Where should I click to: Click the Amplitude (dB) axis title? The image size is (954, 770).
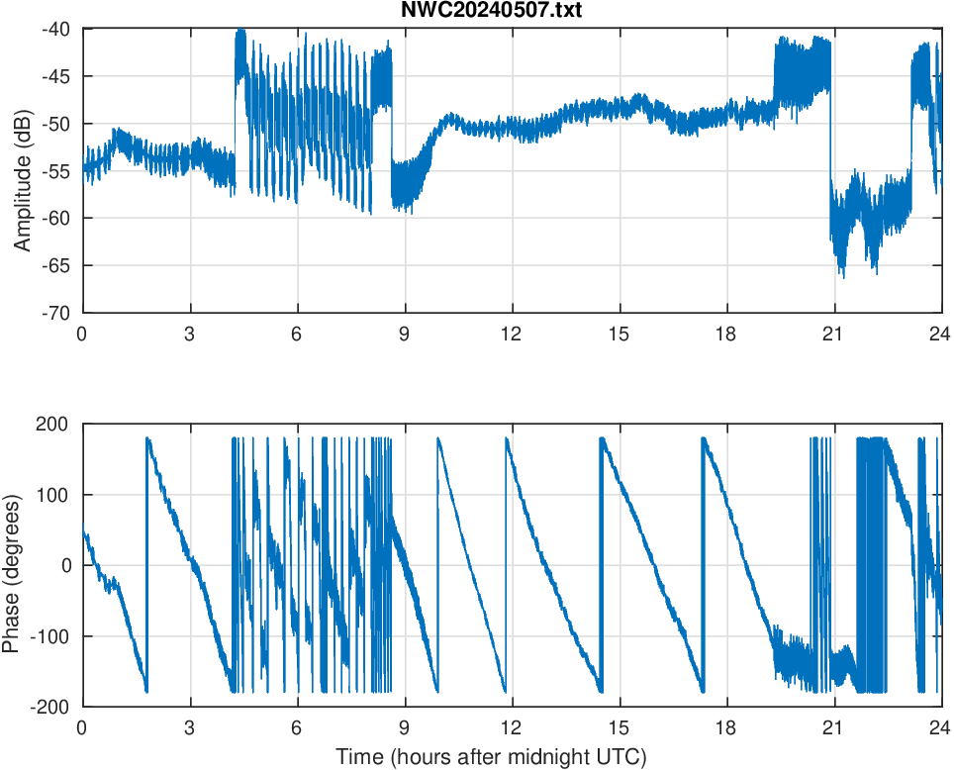pyautogui.click(x=22, y=170)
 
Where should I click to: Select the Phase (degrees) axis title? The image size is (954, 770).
pyautogui.click(x=12, y=565)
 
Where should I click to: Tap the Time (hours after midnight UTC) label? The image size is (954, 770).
pyautogui.click(x=491, y=758)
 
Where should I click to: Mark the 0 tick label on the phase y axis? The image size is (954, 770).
pyautogui.click(x=68, y=565)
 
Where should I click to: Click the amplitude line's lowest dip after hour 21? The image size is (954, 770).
pyautogui.click(x=843, y=277)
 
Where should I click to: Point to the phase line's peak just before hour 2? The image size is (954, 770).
pyautogui.click(x=147, y=438)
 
